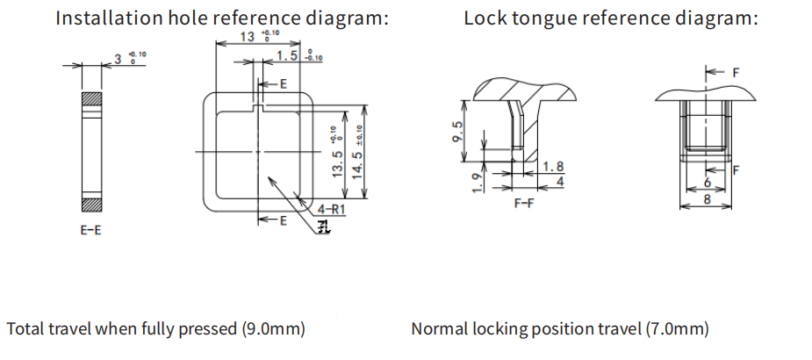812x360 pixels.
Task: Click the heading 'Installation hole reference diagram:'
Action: coord(221,18)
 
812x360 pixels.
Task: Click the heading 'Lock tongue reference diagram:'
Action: coord(611,18)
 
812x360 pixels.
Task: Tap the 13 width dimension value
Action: coord(247,37)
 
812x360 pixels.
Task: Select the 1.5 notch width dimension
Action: coord(286,57)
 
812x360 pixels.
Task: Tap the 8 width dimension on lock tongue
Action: coord(708,198)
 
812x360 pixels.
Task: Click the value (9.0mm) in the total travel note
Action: coord(273,329)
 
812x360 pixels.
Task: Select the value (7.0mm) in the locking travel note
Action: coord(676,329)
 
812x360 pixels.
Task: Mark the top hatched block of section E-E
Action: coord(91,99)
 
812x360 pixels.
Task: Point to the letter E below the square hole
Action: coord(283,220)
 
